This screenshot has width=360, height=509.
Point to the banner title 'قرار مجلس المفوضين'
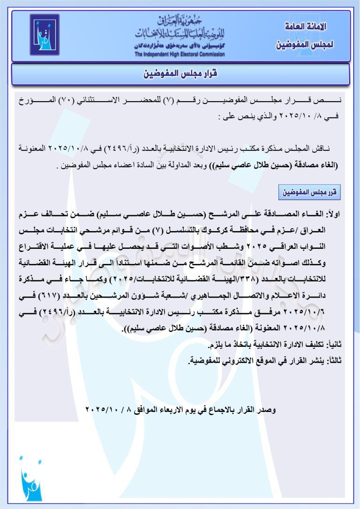coord(180,74)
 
